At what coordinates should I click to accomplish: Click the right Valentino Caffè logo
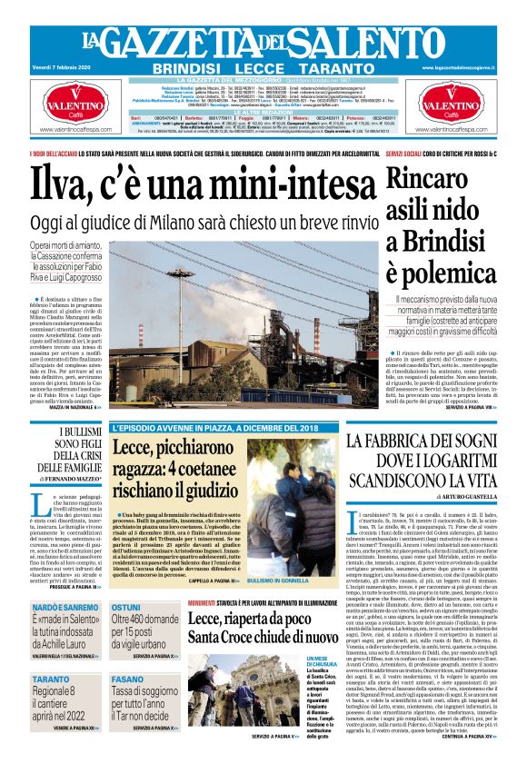click(x=465, y=106)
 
